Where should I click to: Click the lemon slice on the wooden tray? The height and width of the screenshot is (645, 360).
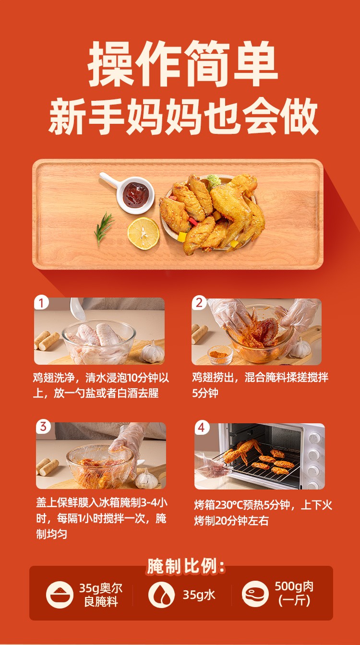(x=144, y=233)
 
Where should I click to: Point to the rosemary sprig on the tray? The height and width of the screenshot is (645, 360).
(x=103, y=228)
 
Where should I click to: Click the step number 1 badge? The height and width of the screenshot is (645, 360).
(x=41, y=303)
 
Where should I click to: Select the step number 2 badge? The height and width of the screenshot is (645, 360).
(x=199, y=303)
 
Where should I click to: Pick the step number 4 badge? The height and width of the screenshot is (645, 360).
(x=202, y=428)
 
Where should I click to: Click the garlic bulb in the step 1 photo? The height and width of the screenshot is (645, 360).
(x=152, y=352)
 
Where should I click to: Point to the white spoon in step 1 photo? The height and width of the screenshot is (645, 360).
(x=77, y=309)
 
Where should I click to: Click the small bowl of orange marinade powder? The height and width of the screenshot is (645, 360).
(x=220, y=355)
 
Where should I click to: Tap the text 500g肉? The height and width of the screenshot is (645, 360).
(x=294, y=586)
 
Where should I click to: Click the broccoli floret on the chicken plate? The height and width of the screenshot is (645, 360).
(x=214, y=181)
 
